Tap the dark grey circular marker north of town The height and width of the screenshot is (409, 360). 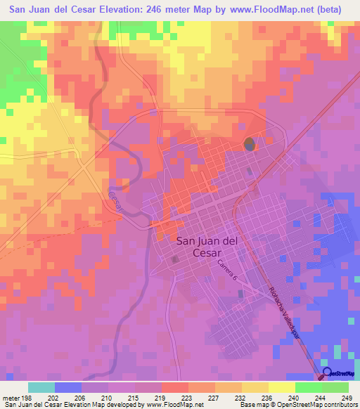point(249,145)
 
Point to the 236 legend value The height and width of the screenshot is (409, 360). point(266,397)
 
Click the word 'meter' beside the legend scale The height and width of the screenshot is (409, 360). point(12,397)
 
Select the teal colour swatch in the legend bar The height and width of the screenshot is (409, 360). point(41,387)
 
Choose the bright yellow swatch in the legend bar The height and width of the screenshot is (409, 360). point(282,387)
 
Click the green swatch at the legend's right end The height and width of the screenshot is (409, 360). point(335,387)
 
